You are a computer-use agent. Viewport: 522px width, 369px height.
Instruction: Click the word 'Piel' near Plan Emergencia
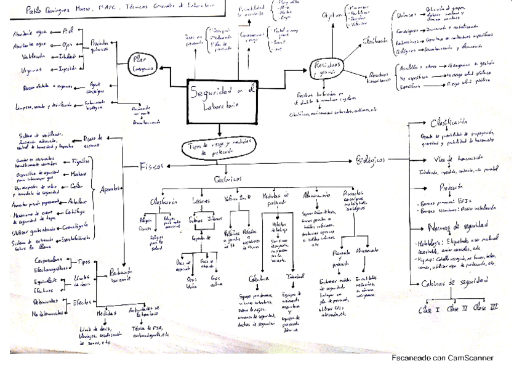(x=68, y=29)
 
